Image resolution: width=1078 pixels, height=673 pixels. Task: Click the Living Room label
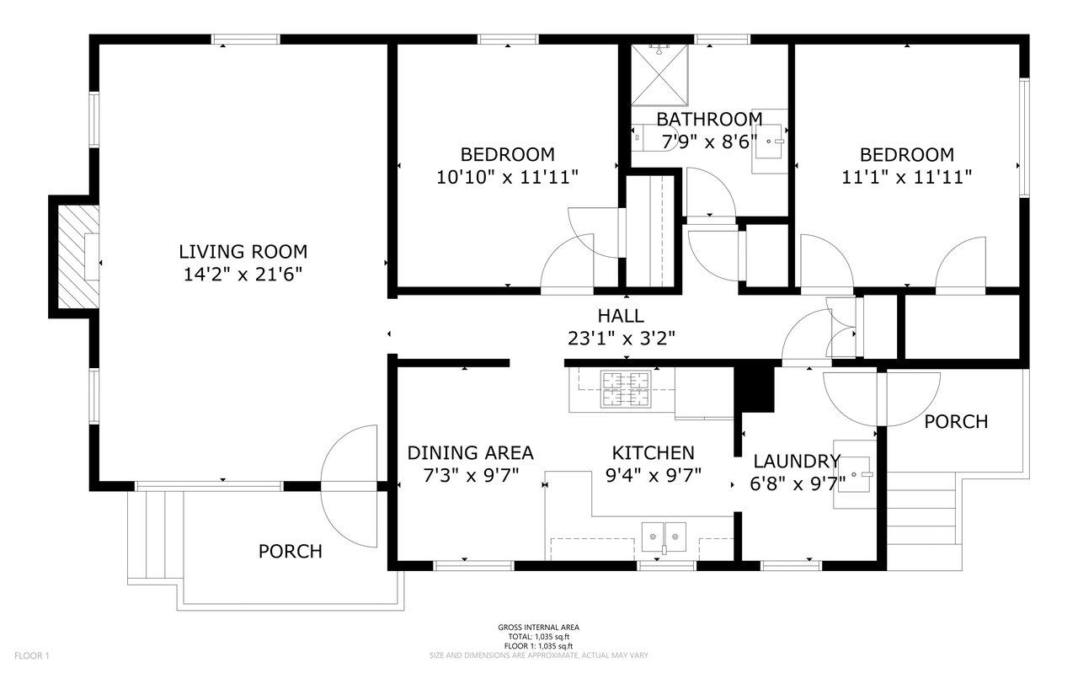[243, 252]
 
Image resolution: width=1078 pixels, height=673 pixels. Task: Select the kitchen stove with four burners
[626, 389]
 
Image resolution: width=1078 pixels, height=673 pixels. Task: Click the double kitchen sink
[664, 537]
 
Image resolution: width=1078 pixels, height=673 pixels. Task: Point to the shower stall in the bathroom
[659, 75]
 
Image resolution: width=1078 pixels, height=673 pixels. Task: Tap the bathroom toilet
[654, 137]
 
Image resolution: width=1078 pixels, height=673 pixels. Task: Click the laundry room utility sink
[855, 474]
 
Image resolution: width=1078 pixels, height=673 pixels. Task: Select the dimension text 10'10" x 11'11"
[507, 178]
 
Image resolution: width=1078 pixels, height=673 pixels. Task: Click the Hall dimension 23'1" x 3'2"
[622, 339]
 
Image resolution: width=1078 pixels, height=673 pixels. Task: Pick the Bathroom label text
[709, 119]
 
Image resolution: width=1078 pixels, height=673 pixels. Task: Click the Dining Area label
[470, 453]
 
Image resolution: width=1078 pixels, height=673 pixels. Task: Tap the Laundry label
[797, 462]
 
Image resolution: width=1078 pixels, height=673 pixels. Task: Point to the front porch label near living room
[291, 552]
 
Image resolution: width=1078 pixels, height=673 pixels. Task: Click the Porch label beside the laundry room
[956, 422]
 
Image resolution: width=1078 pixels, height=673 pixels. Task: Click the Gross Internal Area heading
[538, 628]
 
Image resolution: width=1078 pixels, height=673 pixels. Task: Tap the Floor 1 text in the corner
[32, 655]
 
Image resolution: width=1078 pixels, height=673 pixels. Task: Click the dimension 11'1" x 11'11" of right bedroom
[907, 178]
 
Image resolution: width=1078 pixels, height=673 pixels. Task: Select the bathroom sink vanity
[770, 141]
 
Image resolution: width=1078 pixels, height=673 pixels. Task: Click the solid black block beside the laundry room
[755, 388]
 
